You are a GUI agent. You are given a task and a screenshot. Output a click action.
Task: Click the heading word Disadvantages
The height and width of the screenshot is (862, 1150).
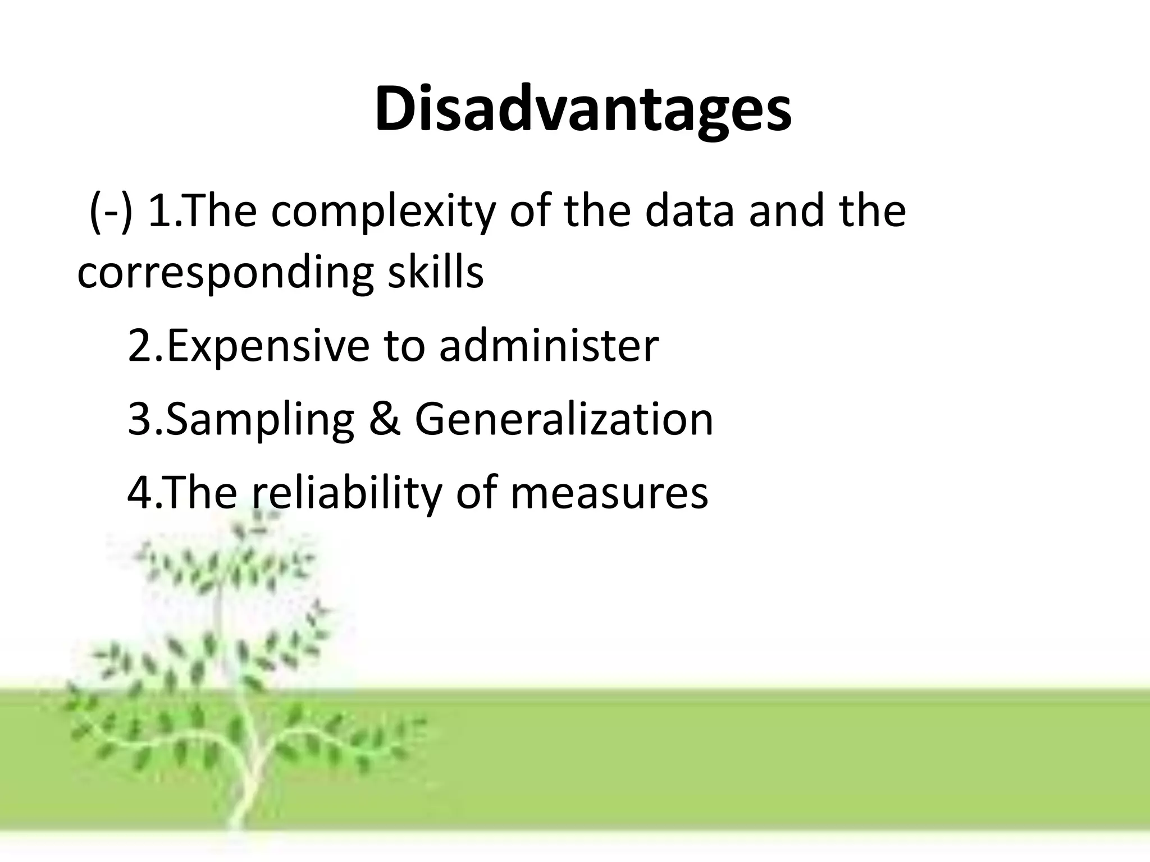click(x=583, y=109)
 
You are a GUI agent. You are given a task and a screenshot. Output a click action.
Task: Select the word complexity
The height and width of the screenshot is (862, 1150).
click(x=383, y=212)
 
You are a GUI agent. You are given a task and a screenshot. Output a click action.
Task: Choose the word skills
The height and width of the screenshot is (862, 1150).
click(x=435, y=273)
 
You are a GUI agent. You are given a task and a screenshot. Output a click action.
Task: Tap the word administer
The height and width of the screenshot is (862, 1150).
click(x=549, y=346)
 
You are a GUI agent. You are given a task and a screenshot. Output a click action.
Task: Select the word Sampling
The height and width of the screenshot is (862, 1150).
click(x=260, y=421)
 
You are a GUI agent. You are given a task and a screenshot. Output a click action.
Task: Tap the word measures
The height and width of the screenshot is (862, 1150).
click(x=609, y=494)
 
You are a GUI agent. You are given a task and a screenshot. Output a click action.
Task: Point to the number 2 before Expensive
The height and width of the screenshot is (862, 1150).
click(x=139, y=346)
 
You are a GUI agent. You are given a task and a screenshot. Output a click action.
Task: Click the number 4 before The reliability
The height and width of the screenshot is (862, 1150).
click(x=139, y=493)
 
